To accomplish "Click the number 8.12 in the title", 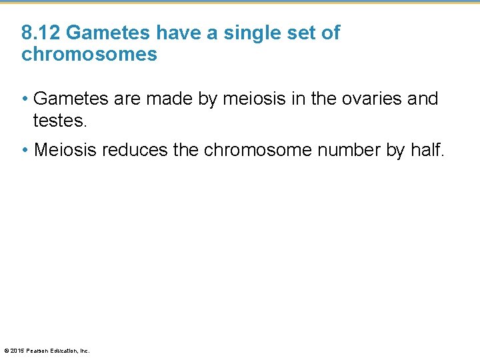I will (41, 33).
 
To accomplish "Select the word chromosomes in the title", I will (89, 54).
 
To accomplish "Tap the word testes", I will (60, 120).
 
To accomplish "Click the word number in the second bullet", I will (348, 150).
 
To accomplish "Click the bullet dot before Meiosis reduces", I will (25, 151).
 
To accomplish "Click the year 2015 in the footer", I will (17, 351).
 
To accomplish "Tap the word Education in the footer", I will (64, 351).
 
